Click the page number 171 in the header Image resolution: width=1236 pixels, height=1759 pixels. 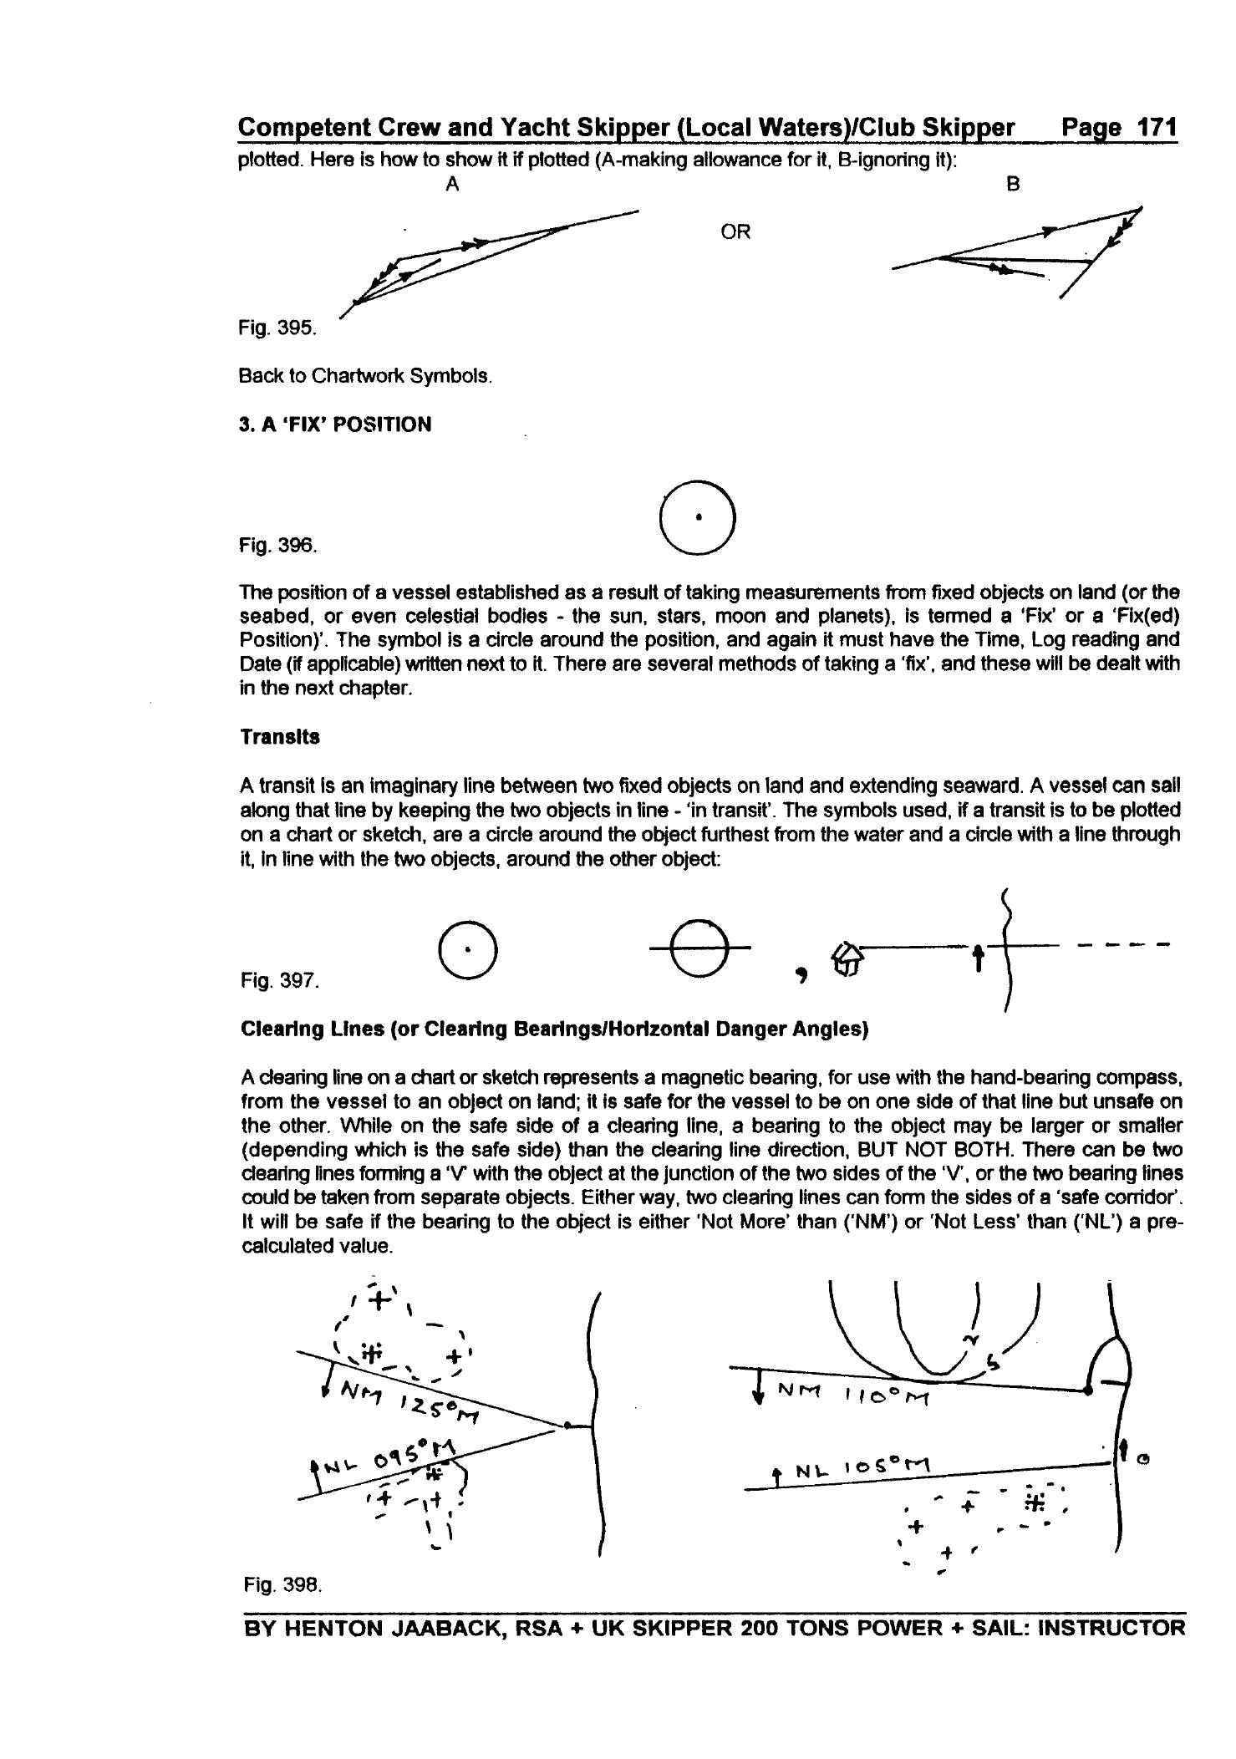1154,128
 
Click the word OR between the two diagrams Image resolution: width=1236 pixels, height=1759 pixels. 735,232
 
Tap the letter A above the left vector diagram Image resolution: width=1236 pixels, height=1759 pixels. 452,185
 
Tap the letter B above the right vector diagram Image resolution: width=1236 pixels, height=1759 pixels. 1013,185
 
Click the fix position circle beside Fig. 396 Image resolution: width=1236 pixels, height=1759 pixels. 698,518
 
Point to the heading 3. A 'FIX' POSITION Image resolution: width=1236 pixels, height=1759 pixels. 335,424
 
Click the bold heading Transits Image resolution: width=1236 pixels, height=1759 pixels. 280,737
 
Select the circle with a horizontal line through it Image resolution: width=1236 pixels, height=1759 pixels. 699,948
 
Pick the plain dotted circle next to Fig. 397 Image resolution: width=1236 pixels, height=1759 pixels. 468,951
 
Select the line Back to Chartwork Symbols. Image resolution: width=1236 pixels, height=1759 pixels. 365,376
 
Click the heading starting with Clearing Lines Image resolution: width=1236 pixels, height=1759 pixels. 554,1029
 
